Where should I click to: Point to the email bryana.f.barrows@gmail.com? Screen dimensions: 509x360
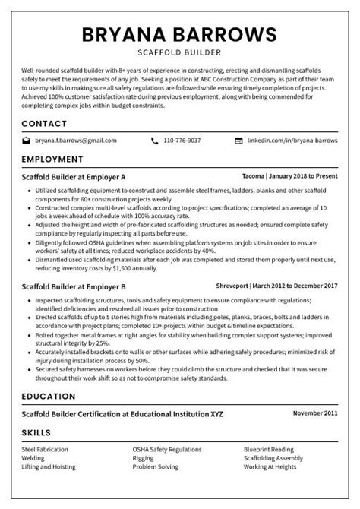76,141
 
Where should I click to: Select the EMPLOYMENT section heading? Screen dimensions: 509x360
52,160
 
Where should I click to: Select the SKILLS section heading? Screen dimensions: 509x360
36,432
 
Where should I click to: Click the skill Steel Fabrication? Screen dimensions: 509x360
45,450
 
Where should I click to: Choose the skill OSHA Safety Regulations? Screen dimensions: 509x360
166,450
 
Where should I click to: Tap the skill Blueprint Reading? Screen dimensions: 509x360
268,450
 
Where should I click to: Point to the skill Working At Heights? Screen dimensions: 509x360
270,467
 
